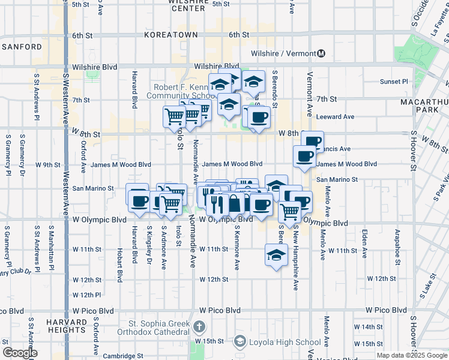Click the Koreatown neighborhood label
click(170, 35)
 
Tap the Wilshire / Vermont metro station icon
click(321, 53)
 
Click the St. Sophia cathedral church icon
click(199, 328)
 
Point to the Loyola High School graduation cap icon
click(240, 342)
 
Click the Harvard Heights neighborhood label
click(65, 326)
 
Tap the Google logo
click(20, 353)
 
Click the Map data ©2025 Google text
click(412, 355)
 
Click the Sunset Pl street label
click(394, 81)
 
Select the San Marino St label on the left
click(93, 188)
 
